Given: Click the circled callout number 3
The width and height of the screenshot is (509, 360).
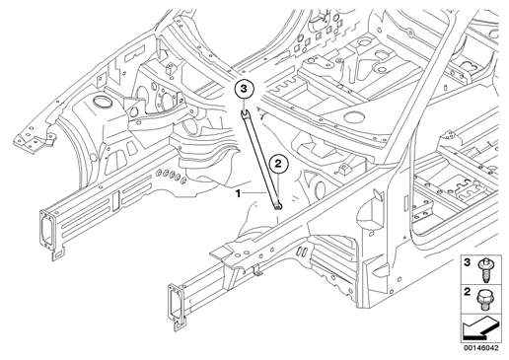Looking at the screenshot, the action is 244,89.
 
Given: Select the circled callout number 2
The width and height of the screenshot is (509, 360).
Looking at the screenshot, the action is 278,164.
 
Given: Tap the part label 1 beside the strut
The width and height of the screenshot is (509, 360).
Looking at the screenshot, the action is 238,193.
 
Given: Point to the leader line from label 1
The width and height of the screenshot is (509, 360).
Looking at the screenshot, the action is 254,192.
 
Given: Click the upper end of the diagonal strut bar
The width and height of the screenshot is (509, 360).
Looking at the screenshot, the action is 245,114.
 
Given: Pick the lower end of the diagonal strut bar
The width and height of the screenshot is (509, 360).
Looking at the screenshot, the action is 278,206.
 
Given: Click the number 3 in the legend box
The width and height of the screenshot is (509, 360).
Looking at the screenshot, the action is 467,263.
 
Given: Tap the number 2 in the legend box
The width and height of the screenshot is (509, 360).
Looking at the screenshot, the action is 467,292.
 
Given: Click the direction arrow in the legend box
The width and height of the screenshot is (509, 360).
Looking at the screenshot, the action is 480,328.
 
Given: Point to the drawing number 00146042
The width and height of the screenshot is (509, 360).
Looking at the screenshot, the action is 481,348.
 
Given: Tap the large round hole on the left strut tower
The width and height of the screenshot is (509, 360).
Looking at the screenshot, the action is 101,102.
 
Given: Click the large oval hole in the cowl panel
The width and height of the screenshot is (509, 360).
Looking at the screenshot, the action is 353,116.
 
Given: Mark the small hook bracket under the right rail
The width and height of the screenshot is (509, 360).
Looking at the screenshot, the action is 257,270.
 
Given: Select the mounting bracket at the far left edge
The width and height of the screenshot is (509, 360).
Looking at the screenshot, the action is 34,141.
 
